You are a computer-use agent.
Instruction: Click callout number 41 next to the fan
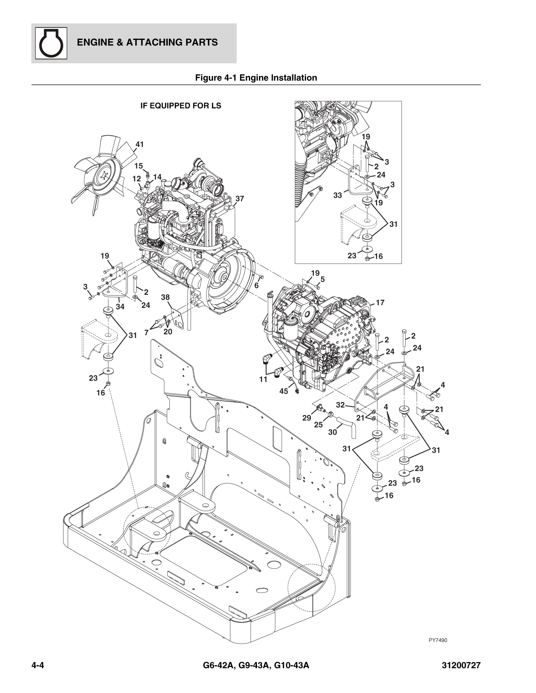[139, 144]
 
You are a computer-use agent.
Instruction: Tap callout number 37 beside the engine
[240, 199]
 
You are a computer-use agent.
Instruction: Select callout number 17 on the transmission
[380, 302]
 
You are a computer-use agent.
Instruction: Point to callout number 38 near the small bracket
[166, 297]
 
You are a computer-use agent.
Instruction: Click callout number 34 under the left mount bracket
[120, 307]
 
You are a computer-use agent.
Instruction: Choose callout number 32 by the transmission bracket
[341, 405]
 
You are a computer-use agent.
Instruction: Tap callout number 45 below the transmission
[284, 391]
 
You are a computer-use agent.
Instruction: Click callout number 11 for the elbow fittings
[263, 379]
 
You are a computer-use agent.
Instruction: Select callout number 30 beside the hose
[333, 432]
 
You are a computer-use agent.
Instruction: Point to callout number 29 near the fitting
[307, 418]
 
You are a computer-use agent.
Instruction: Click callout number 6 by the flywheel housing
[256, 286]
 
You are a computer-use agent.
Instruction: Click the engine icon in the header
[50, 43]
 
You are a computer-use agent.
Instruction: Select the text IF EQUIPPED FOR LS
[181, 106]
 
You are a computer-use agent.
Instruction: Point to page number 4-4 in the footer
[38, 666]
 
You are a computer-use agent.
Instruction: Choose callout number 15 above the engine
[138, 166]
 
